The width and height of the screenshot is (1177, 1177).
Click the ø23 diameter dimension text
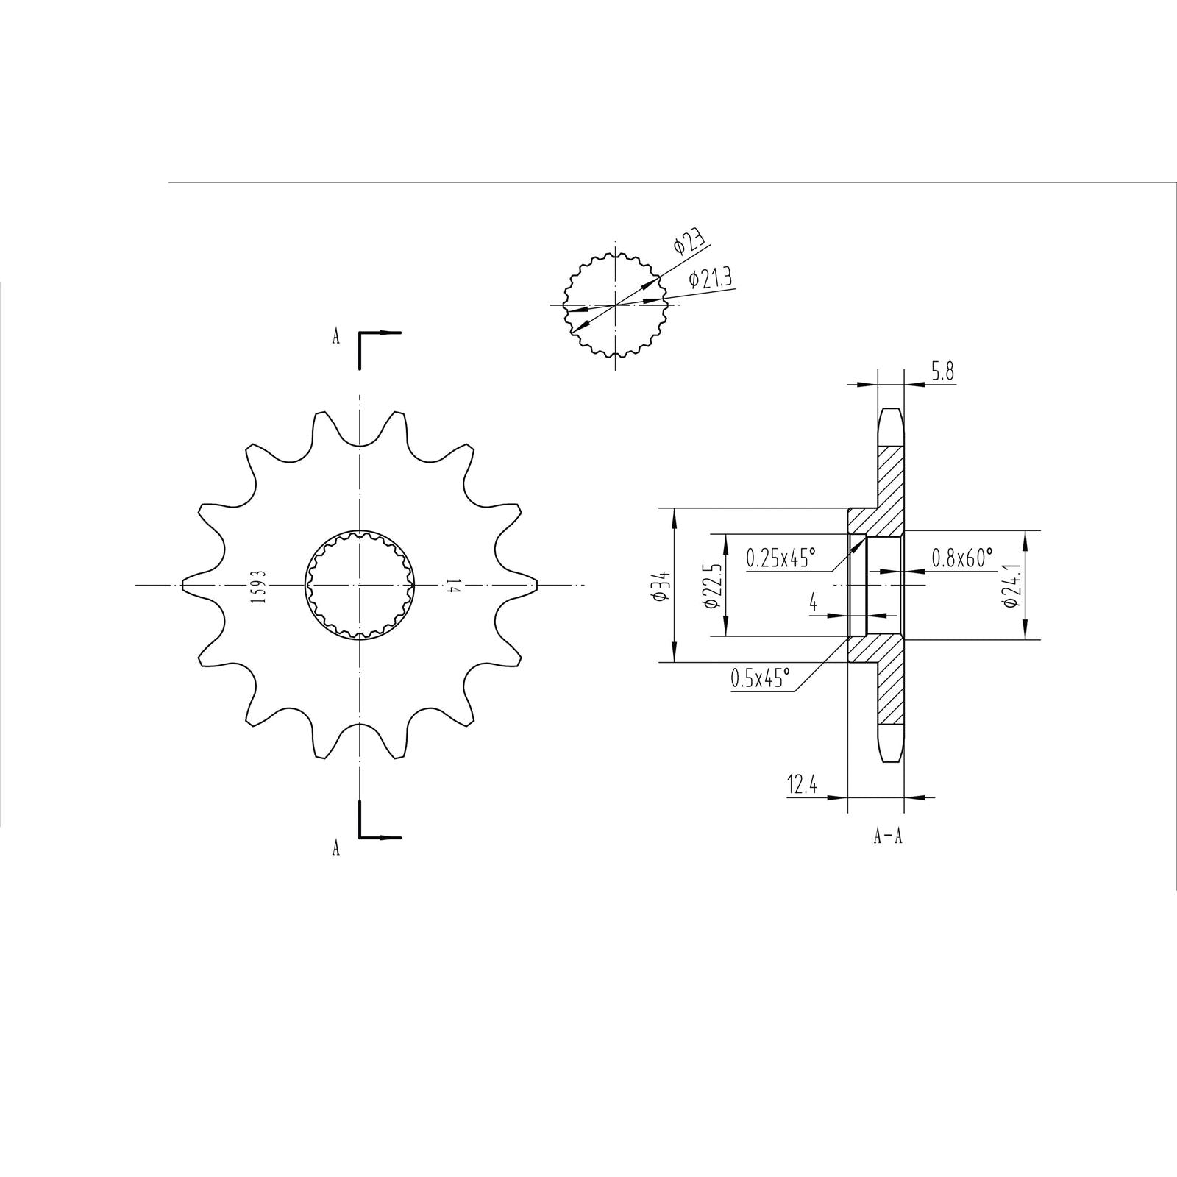[689, 243]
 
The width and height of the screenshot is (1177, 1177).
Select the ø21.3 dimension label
[710, 280]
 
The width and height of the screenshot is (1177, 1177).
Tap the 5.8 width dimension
[942, 372]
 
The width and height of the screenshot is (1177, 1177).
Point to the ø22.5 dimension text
[710, 586]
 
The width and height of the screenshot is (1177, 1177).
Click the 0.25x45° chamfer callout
[781, 558]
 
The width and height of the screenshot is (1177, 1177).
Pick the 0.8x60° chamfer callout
[962, 557]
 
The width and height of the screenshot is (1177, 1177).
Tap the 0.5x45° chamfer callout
[761, 678]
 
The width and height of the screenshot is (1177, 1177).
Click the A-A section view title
[888, 837]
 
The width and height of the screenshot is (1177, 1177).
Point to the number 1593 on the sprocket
[257, 586]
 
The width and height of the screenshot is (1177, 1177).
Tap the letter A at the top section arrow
[336, 337]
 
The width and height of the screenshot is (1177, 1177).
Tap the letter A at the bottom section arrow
[336, 848]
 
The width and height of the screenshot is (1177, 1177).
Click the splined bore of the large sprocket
[360, 585]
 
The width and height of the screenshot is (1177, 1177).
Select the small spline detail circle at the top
[614, 305]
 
